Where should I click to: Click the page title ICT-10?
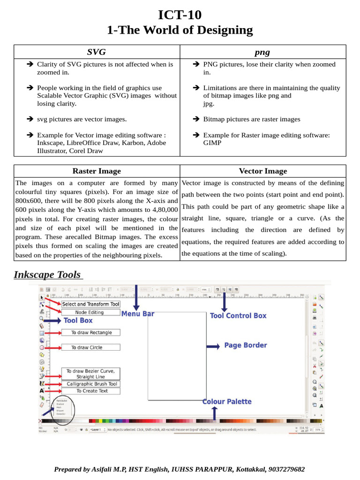180,15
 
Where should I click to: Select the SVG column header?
97,52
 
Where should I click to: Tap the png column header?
263,52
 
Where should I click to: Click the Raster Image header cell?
97,171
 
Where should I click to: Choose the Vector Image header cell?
263,171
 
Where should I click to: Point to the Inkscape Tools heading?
47,275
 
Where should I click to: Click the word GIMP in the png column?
212,143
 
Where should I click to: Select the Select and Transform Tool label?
91,304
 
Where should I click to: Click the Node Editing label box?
90,312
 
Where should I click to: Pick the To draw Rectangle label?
91,332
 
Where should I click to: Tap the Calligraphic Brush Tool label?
91,383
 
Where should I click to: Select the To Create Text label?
92,390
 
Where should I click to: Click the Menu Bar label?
138,314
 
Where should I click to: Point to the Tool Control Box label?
238,315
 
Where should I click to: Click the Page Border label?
246,345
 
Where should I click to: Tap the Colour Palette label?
227,401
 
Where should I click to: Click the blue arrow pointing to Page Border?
213,346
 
